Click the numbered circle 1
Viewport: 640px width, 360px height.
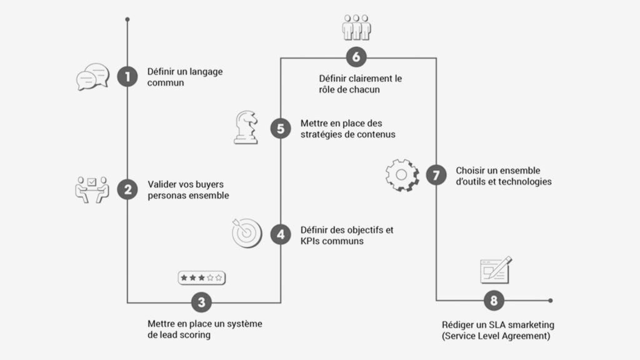click(x=127, y=77)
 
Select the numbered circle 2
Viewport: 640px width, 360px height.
click(x=127, y=190)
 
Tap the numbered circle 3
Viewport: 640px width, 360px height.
click(x=201, y=302)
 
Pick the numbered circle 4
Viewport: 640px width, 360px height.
click(x=281, y=234)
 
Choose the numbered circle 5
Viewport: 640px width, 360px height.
click(x=281, y=129)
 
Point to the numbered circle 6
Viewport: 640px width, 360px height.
click(x=356, y=57)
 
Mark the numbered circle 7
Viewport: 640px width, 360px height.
click(x=436, y=174)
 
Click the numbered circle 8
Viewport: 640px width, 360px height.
click(x=494, y=301)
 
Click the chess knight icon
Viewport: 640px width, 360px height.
click(x=245, y=127)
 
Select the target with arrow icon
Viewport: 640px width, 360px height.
click(x=246, y=232)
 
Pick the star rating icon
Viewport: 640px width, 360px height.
click(x=201, y=276)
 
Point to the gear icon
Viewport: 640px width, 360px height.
click(x=400, y=174)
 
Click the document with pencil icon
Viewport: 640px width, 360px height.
click(x=495, y=270)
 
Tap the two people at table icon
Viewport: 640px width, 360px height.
click(x=92, y=189)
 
